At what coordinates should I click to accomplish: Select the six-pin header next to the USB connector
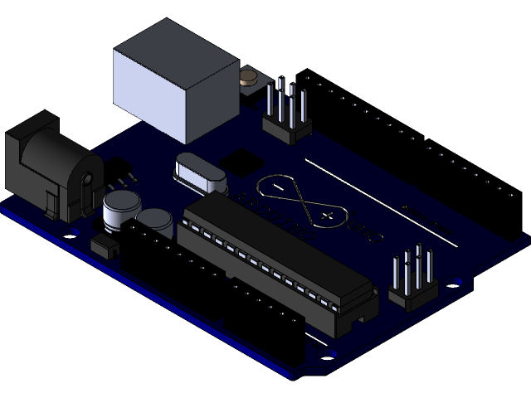pyautogui.click(x=287, y=112)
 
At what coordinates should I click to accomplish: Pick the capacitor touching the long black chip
pyautogui.click(x=155, y=221)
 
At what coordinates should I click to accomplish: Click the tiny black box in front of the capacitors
pyautogui.click(x=103, y=245)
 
